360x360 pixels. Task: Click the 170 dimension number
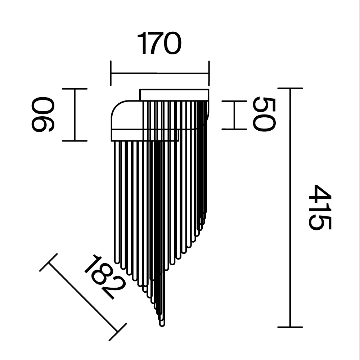pos(159,44)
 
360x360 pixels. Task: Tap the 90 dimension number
pos(43,114)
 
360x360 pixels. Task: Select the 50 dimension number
pos(264,114)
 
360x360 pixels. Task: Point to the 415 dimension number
pos(320,207)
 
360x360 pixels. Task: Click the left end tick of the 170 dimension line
pos(111,73)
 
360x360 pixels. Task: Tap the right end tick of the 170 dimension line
pos(209,73)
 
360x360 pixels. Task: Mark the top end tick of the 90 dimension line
pos(75,89)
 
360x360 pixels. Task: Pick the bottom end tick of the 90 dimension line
pos(75,141)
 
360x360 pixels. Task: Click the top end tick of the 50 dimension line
pos(234,101)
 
